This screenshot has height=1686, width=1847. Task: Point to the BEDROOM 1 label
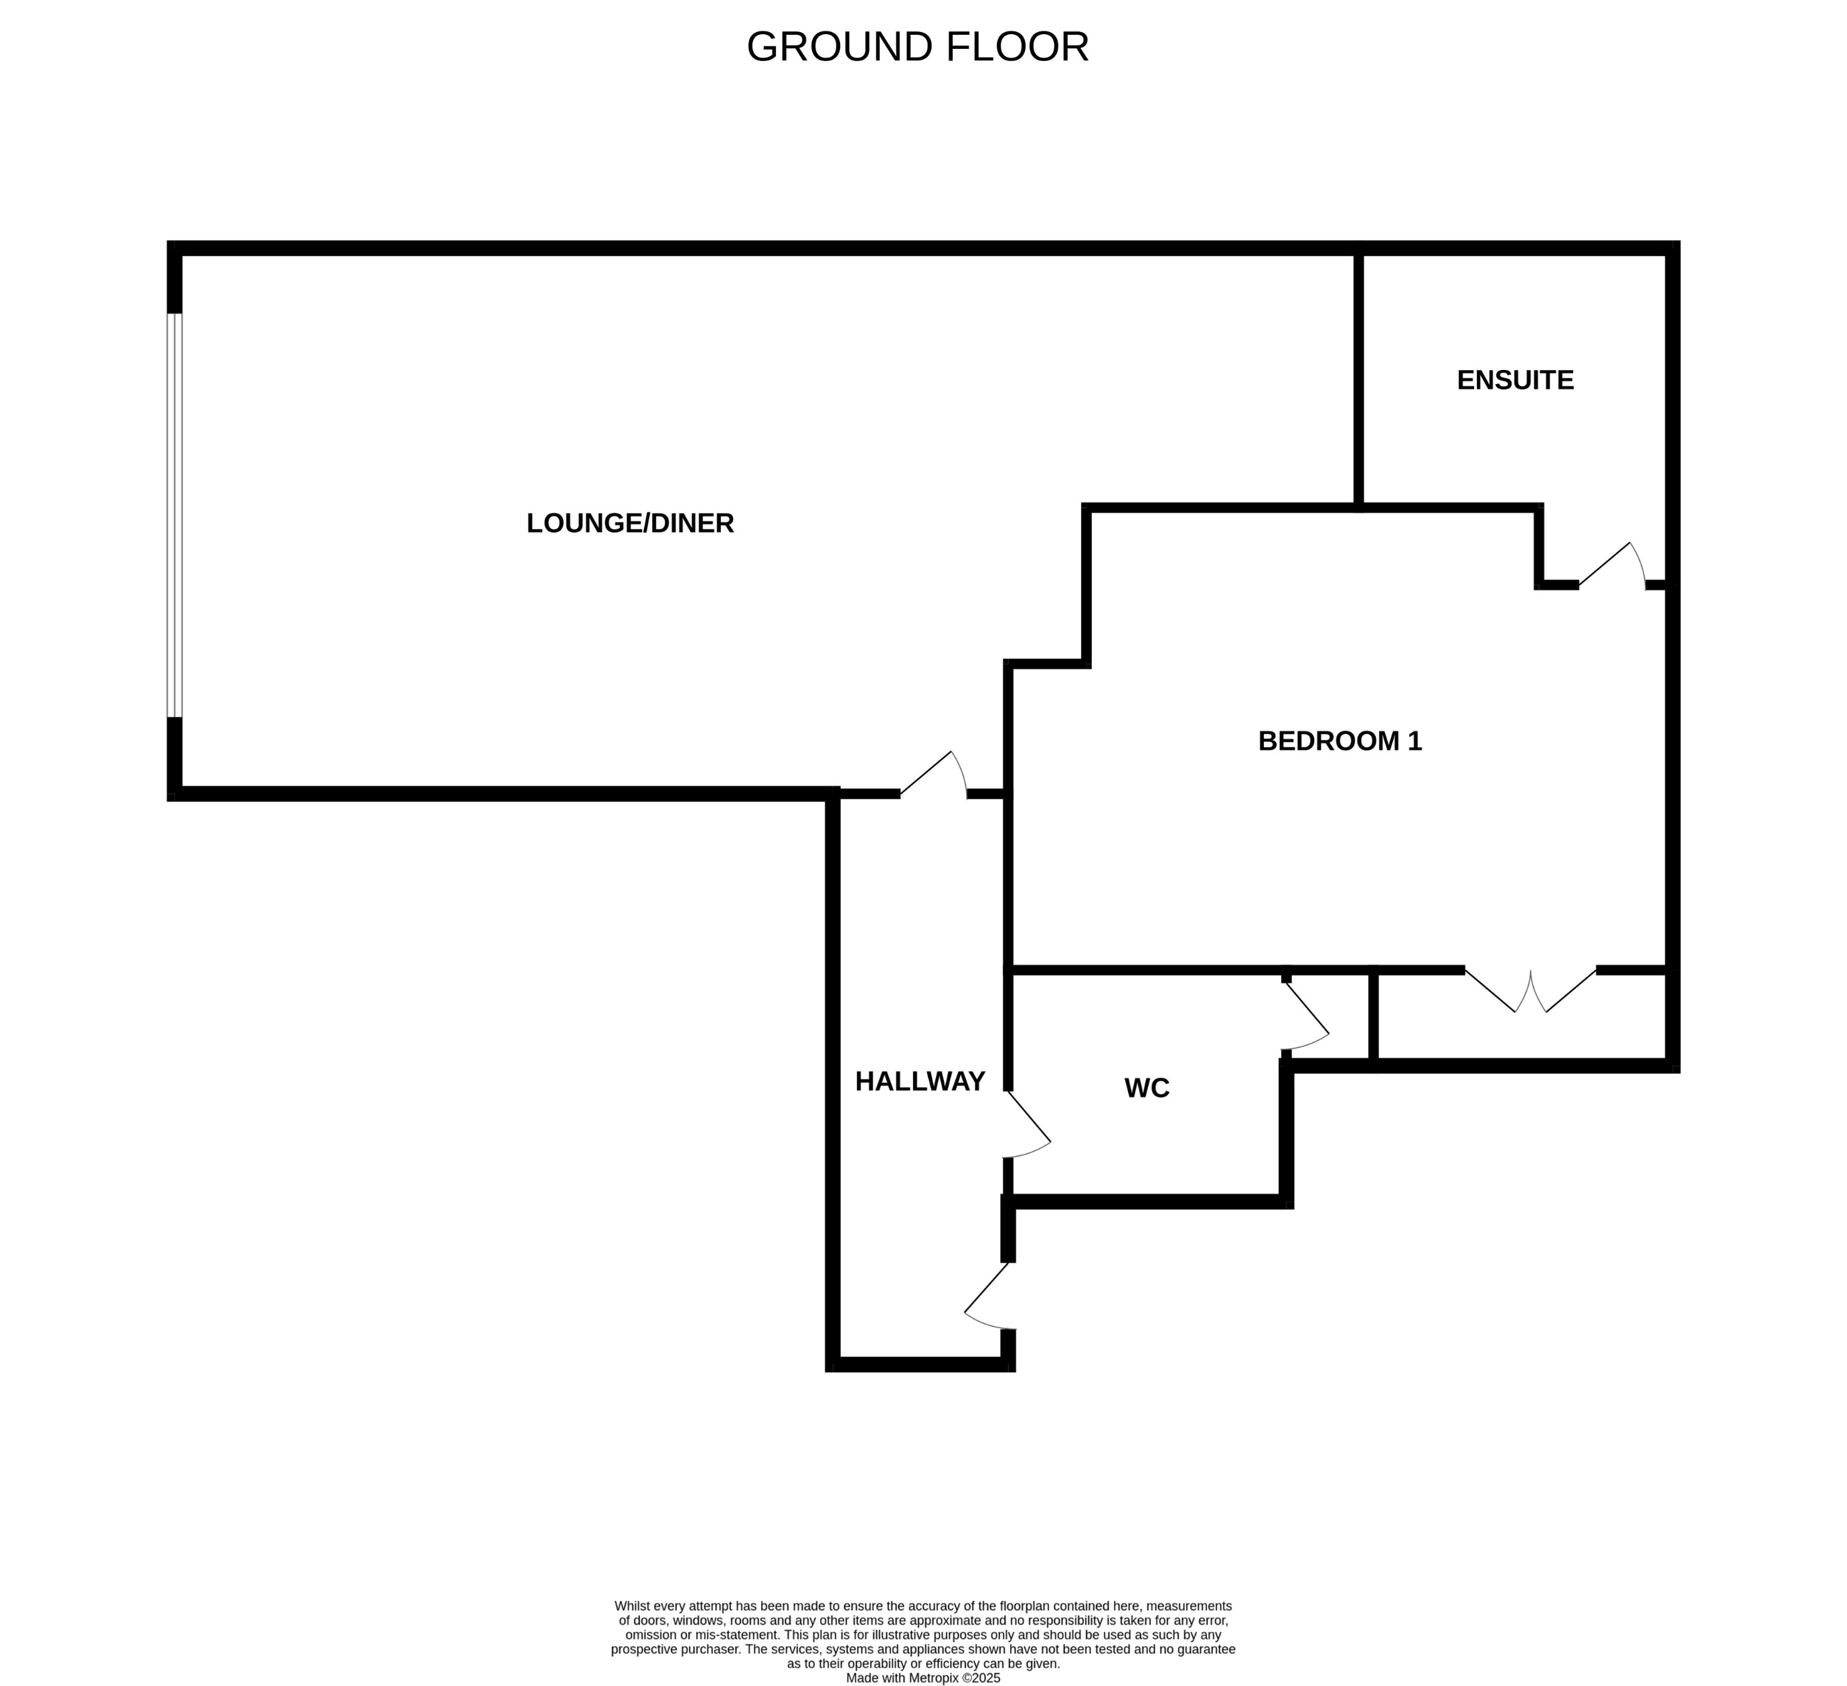coord(1340,741)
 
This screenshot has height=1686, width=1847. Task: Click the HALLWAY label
coord(920,1082)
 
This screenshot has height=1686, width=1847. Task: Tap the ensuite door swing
coord(1613,566)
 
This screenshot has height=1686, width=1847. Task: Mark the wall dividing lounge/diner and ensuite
coord(1359,380)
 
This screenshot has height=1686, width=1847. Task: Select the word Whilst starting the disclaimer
coord(632,1606)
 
